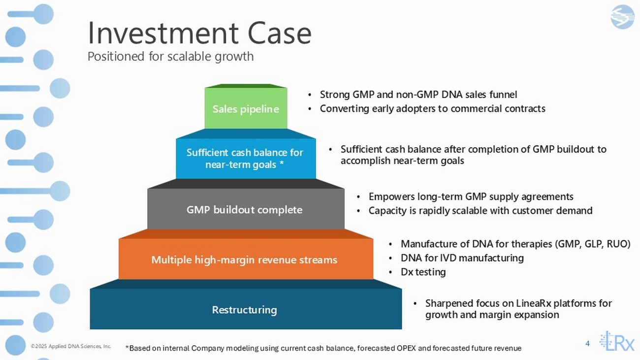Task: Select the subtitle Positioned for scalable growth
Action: [170, 56]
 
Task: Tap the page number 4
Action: [587, 343]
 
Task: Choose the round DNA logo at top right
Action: [623, 17]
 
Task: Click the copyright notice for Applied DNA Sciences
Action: [71, 346]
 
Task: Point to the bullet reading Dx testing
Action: [423, 272]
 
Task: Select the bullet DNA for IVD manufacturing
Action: [462, 258]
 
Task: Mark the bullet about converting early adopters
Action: [433, 108]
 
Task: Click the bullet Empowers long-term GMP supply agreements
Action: [471, 197]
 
